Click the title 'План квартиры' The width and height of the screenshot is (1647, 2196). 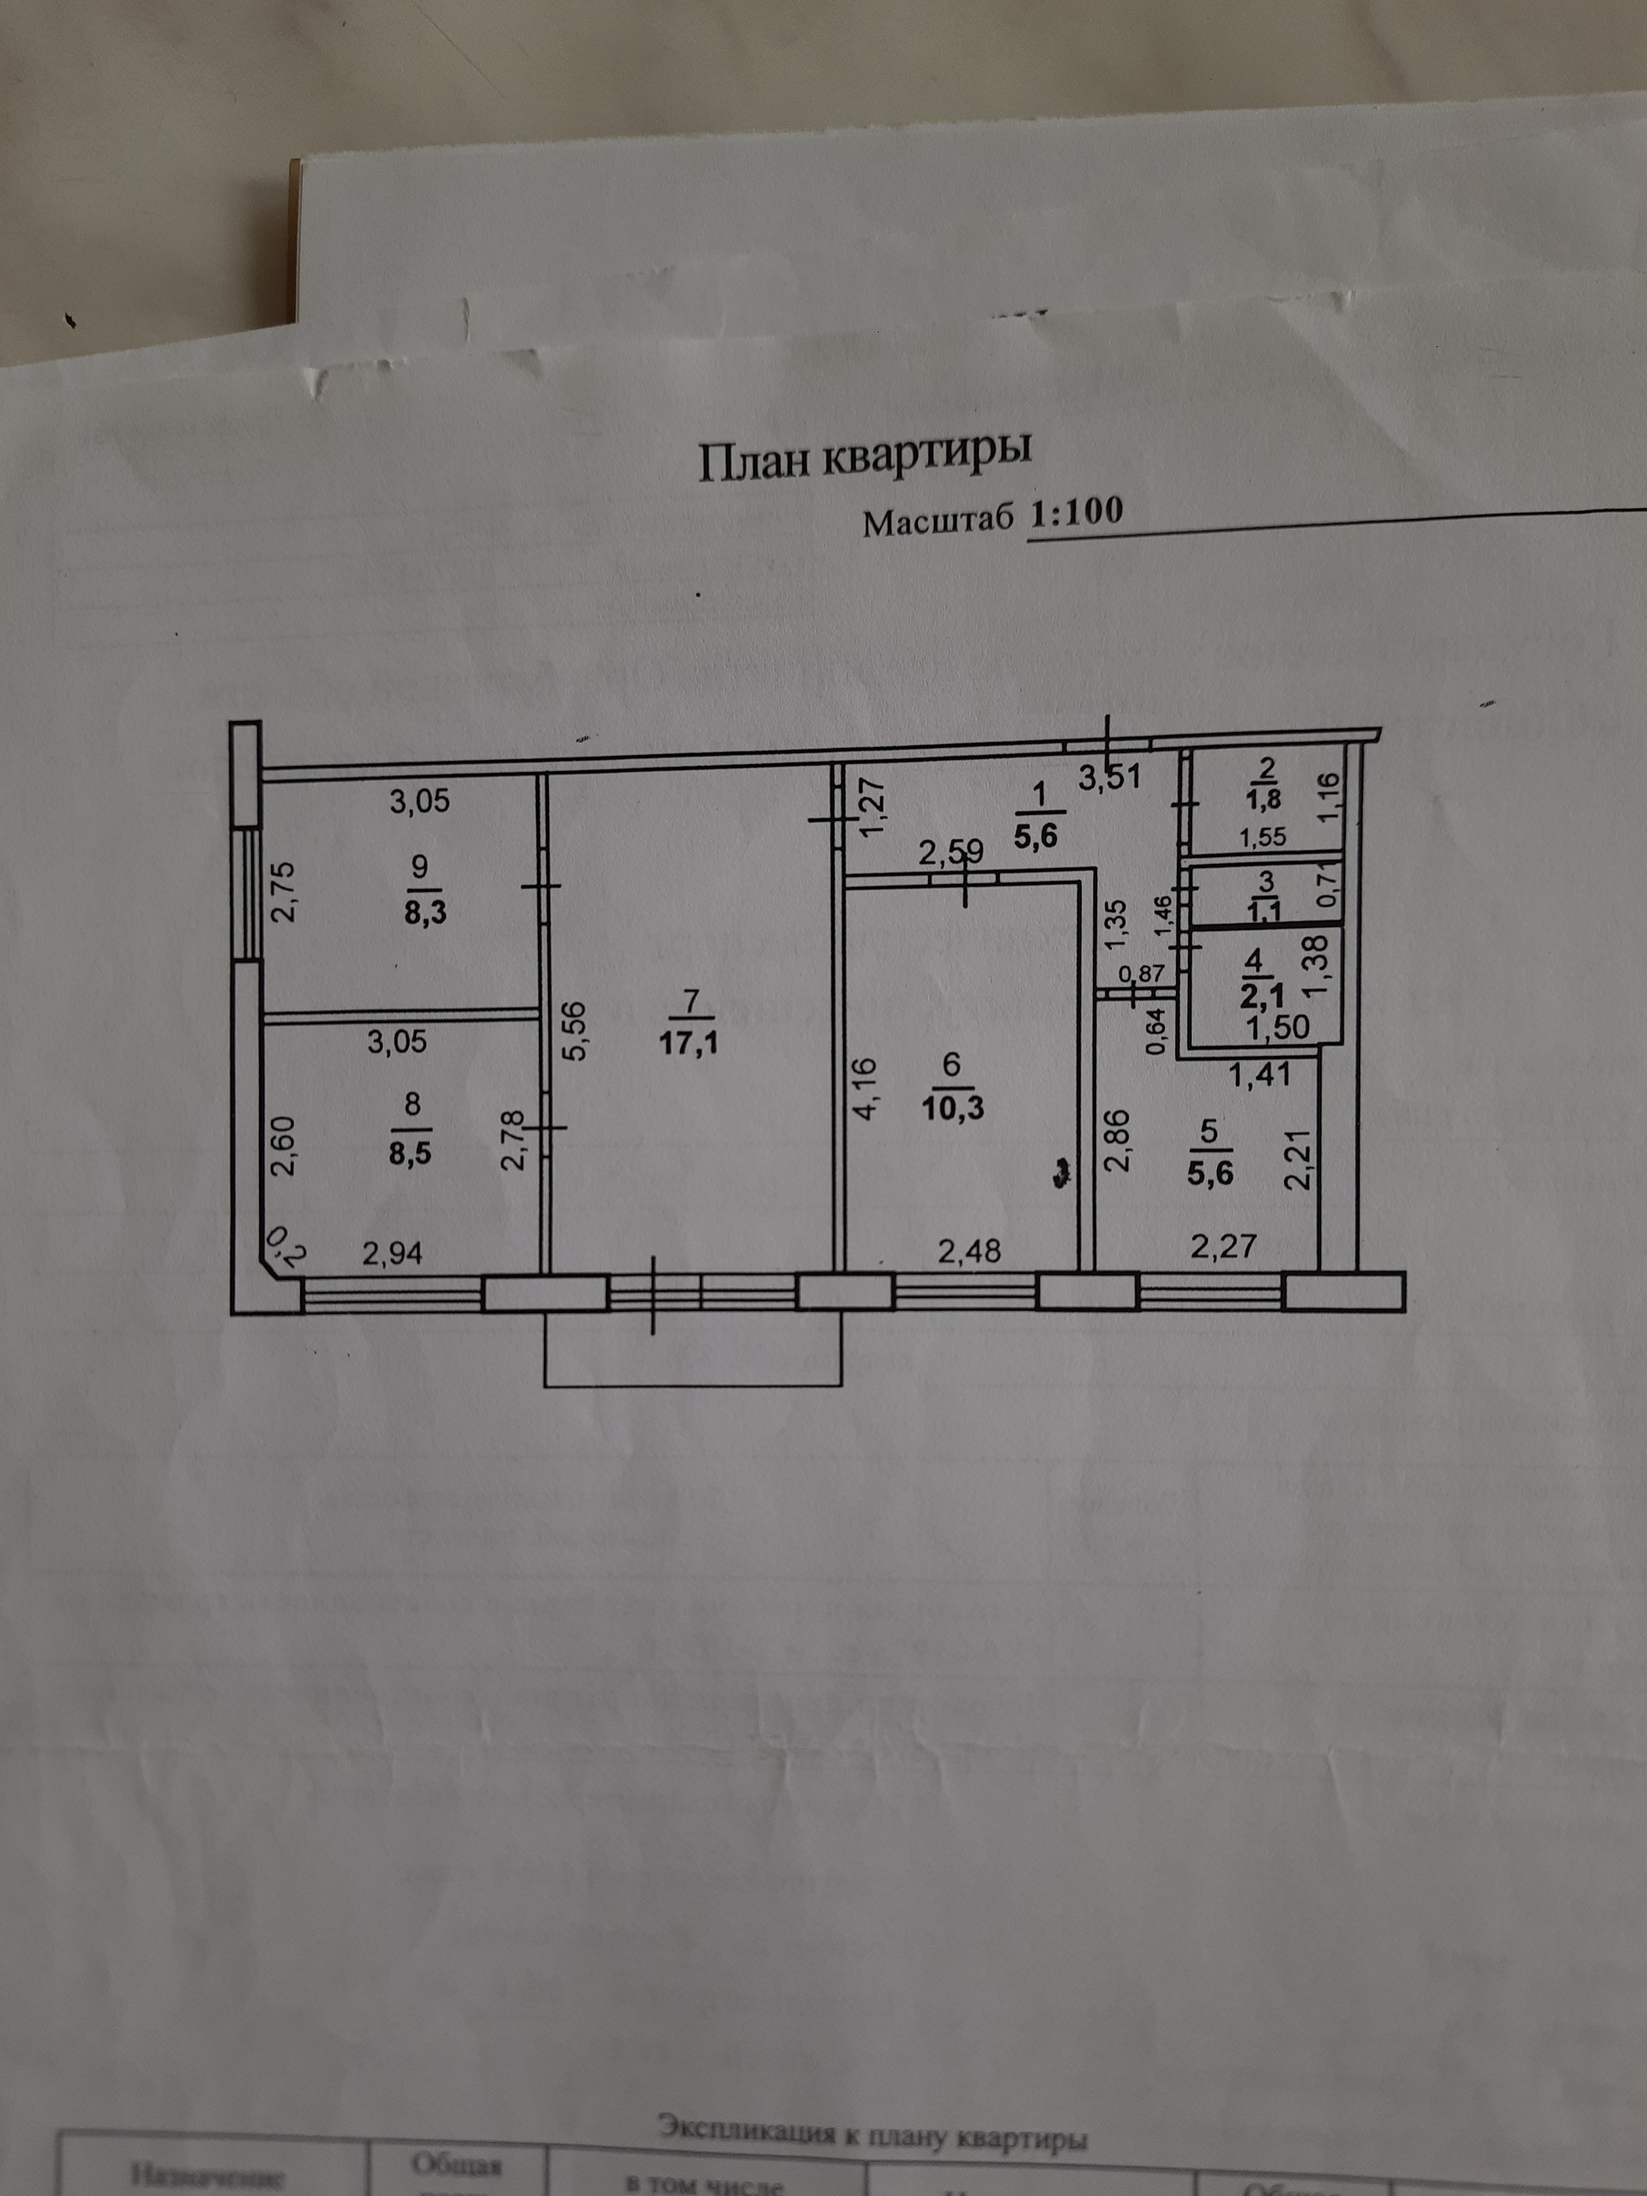[865, 458]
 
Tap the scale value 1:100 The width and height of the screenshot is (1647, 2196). [1077, 513]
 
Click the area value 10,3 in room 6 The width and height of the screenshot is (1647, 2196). [953, 1107]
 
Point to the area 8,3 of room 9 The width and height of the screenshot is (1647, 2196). [425, 911]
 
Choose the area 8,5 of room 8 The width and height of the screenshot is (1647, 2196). [410, 1155]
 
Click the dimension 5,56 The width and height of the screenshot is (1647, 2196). [576, 1033]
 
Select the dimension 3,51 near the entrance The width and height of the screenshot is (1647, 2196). [1110, 776]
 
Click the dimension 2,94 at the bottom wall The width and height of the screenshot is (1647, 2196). [392, 1254]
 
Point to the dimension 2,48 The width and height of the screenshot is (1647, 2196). [970, 1250]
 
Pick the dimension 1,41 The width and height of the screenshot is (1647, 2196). [1258, 1073]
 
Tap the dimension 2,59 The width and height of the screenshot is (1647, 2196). [950, 852]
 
